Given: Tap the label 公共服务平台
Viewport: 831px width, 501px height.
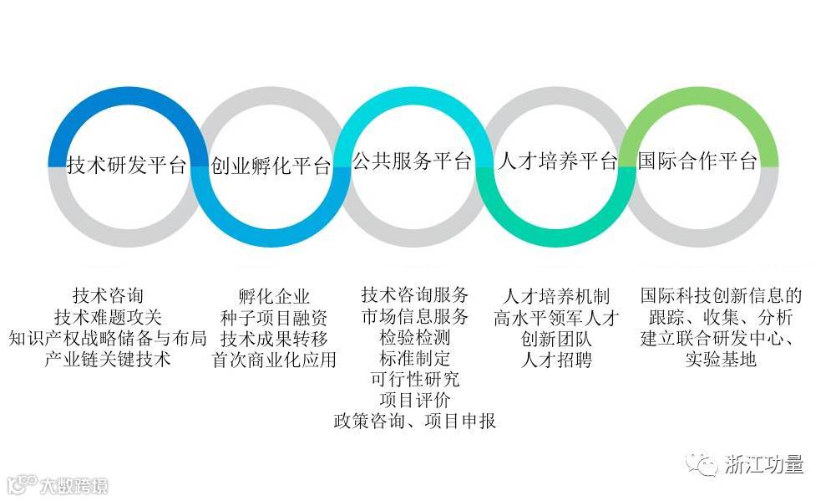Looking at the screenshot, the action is click(x=412, y=161).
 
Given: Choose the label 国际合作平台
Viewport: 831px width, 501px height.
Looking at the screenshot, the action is click(x=697, y=161).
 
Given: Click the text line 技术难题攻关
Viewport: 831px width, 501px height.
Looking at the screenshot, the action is click(x=108, y=318).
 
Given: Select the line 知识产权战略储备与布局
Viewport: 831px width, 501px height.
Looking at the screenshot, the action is click(x=108, y=339).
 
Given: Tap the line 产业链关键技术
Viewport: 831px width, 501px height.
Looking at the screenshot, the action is click(x=108, y=360).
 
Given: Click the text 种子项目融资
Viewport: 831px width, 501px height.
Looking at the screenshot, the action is click(x=274, y=318).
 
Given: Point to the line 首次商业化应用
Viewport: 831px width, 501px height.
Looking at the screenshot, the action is click(x=274, y=360).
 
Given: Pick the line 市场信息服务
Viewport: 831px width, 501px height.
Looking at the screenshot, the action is click(x=415, y=316).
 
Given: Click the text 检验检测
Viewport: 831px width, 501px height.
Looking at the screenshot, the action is click(x=415, y=337).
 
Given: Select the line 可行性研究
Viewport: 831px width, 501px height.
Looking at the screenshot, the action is click(x=415, y=379).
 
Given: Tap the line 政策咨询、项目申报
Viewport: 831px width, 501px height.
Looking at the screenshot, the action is click(x=415, y=421).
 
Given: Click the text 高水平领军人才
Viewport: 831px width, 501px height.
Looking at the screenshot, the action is click(x=556, y=318).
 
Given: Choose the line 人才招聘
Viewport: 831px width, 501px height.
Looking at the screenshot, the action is click(x=556, y=360).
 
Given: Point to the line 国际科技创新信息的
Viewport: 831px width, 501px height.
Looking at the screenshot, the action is click(x=721, y=296).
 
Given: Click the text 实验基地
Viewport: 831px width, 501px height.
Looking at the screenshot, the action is click(x=721, y=360).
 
